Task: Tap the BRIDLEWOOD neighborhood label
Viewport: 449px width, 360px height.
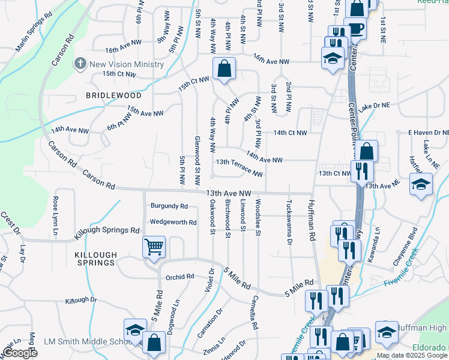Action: (x=113, y=95)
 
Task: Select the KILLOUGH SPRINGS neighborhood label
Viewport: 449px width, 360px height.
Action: (x=95, y=259)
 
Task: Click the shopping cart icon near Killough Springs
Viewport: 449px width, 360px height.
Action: (x=154, y=247)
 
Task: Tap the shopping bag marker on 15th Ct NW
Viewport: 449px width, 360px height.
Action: (x=224, y=68)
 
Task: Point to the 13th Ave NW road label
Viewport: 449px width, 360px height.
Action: (x=228, y=193)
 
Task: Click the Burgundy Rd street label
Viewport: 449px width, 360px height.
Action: (x=169, y=206)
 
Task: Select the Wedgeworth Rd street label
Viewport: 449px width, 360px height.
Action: (x=173, y=222)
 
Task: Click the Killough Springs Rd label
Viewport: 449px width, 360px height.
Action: (x=107, y=230)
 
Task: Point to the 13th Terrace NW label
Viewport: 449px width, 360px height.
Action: (x=239, y=167)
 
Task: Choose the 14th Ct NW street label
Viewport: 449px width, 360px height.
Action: (x=290, y=133)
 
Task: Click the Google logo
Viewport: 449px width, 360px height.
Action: (x=20, y=353)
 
